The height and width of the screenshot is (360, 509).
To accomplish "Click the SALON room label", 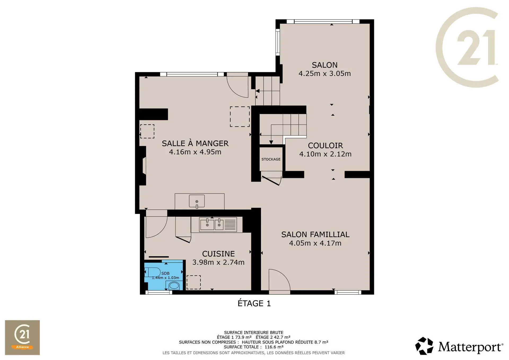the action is click(324, 65).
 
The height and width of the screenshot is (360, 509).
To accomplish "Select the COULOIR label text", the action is click(325, 146).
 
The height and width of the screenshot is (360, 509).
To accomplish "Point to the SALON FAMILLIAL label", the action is click(315, 235).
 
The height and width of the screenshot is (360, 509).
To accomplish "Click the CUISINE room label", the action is click(218, 254).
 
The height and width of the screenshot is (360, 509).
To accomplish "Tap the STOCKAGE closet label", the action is click(271, 159).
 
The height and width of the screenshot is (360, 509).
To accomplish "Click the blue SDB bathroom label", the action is click(165, 273).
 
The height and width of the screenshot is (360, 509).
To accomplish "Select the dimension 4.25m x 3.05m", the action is click(324, 73).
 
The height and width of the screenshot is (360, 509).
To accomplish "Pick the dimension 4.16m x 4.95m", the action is click(195, 152).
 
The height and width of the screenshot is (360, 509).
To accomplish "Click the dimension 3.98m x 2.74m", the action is click(218, 262).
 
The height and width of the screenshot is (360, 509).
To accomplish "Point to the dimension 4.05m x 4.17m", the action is click(315, 243).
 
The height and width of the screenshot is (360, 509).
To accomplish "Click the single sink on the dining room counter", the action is click(197, 201).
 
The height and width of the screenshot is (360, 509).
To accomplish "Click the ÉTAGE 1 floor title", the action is click(254, 303).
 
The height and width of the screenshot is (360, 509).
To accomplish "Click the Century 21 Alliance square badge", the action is click(22, 337).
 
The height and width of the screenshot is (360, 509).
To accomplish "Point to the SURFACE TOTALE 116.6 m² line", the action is click(254, 347).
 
